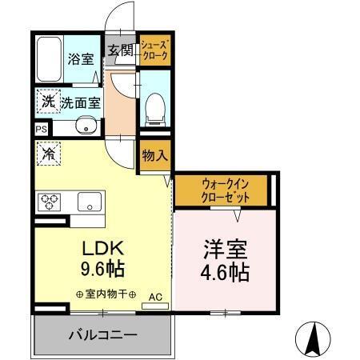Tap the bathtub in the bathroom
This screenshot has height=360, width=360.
coord(50,58)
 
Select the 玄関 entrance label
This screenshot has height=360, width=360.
coord(120,50)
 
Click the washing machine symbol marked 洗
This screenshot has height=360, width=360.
coord(46,102)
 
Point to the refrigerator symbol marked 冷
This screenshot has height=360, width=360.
coord(47,152)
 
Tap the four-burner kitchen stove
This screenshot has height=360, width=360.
coord(51,200)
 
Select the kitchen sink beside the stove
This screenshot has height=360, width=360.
coord(90,201)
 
